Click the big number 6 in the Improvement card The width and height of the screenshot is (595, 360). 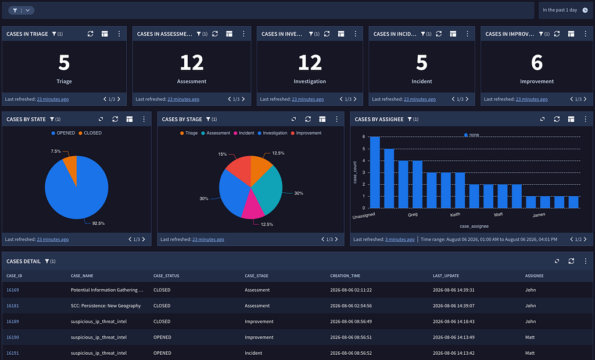click(536, 63)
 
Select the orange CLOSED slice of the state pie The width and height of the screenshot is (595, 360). click(71, 165)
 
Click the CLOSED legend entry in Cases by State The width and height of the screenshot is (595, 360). click(90, 133)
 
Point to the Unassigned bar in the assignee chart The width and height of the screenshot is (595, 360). click(375, 172)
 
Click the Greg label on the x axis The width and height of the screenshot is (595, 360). click(413, 215)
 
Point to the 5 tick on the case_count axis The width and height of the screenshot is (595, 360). click(364, 149)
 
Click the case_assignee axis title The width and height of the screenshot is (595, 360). click(474, 226)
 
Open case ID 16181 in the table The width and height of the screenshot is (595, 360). click(13, 306)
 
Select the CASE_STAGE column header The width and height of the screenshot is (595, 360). click(256, 276)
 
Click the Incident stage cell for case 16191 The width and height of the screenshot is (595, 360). click(253, 353)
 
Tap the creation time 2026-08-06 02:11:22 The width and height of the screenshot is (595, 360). click(351, 290)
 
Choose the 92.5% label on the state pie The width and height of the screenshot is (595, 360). click(98, 224)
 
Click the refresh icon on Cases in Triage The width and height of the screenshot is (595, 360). click(90, 34)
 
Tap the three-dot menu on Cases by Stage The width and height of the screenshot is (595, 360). click(336, 119)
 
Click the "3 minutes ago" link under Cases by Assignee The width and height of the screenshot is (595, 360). click(400, 239)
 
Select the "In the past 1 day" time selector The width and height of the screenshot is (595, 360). click(565, 10)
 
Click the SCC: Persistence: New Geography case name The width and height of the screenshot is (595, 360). click(106, 306)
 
